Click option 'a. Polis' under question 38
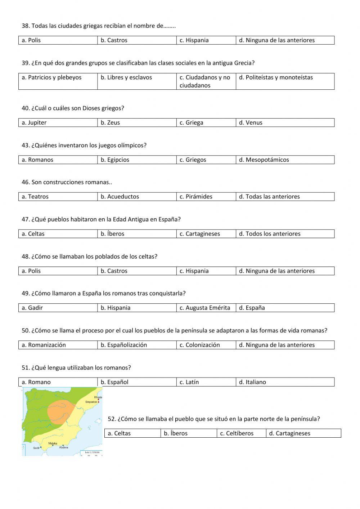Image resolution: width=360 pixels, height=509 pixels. [x=31, y=40]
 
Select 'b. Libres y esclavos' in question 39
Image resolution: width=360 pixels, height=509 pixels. [x=126, y=77]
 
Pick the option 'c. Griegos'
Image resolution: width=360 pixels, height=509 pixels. [x=193, y=160]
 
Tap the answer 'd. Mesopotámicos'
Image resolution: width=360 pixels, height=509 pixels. [x=264, y=160]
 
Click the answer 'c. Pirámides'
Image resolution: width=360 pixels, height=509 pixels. [x=196, y=197]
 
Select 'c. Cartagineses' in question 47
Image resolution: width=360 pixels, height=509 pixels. [x=200, y=234]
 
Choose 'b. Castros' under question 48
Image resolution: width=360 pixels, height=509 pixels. [x=114, y=271]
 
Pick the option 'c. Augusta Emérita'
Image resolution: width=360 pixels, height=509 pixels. [x=205, y=308]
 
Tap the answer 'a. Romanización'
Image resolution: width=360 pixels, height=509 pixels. [x=44, y=345]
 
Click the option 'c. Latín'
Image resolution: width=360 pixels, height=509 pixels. [x=189, y=382]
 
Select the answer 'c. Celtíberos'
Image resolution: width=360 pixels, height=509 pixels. [x=237, y=433]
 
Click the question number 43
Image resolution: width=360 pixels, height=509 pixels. [x=26, y=146]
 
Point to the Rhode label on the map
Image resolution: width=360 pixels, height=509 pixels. [x=98, y=397]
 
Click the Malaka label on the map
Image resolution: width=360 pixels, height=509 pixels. [x=53, y=443]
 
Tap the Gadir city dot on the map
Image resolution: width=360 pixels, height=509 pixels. [x=41, y=447]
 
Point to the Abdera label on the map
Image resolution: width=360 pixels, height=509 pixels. [x=64, y=448]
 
